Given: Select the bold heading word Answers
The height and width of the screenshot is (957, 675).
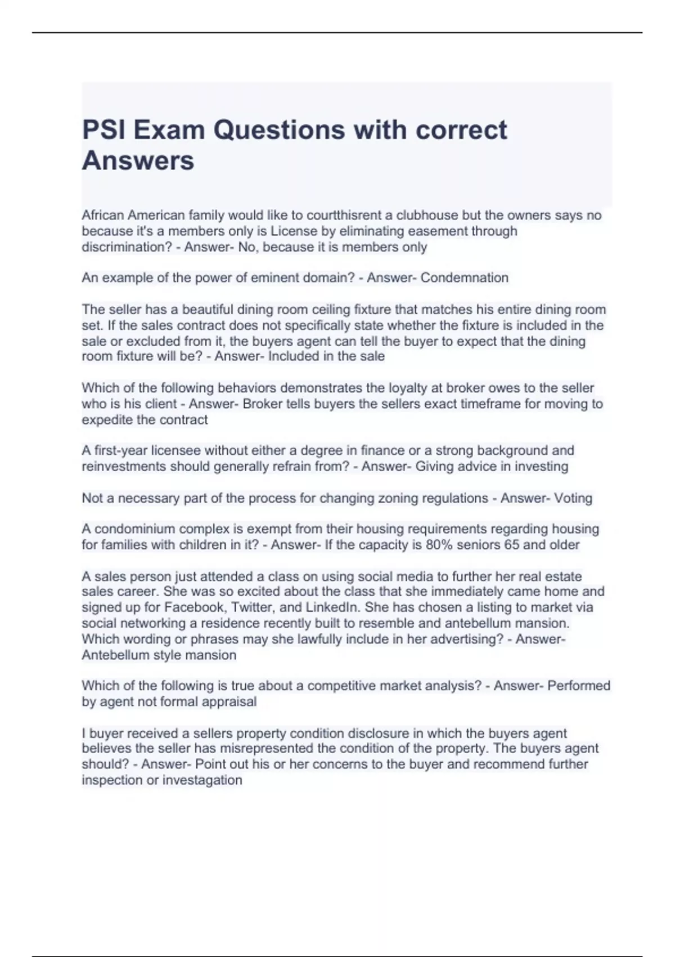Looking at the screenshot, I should [138, 160].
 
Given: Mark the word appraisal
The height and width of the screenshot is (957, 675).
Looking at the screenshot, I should [229, 702].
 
